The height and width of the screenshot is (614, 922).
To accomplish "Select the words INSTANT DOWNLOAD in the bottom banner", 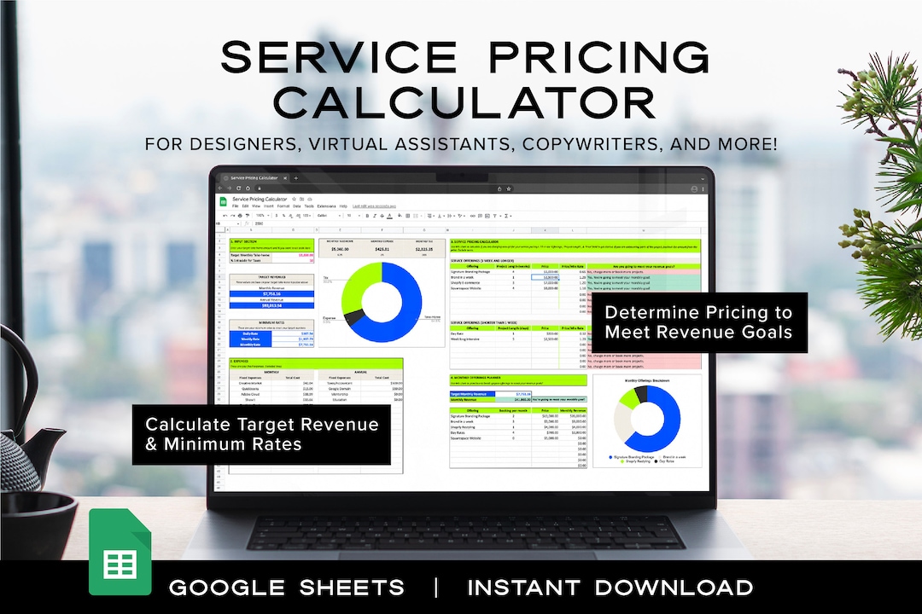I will pos(610,588).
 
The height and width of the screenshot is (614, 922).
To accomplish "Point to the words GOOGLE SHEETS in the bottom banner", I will pos(287,588).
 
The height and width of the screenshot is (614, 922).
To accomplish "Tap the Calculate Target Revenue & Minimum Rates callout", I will pos(261,434).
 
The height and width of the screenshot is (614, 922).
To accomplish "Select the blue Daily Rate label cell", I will pos(250,333).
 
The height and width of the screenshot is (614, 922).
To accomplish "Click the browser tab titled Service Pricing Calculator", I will pos(257,178).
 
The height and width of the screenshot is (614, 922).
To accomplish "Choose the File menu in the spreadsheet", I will pos(236,206).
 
